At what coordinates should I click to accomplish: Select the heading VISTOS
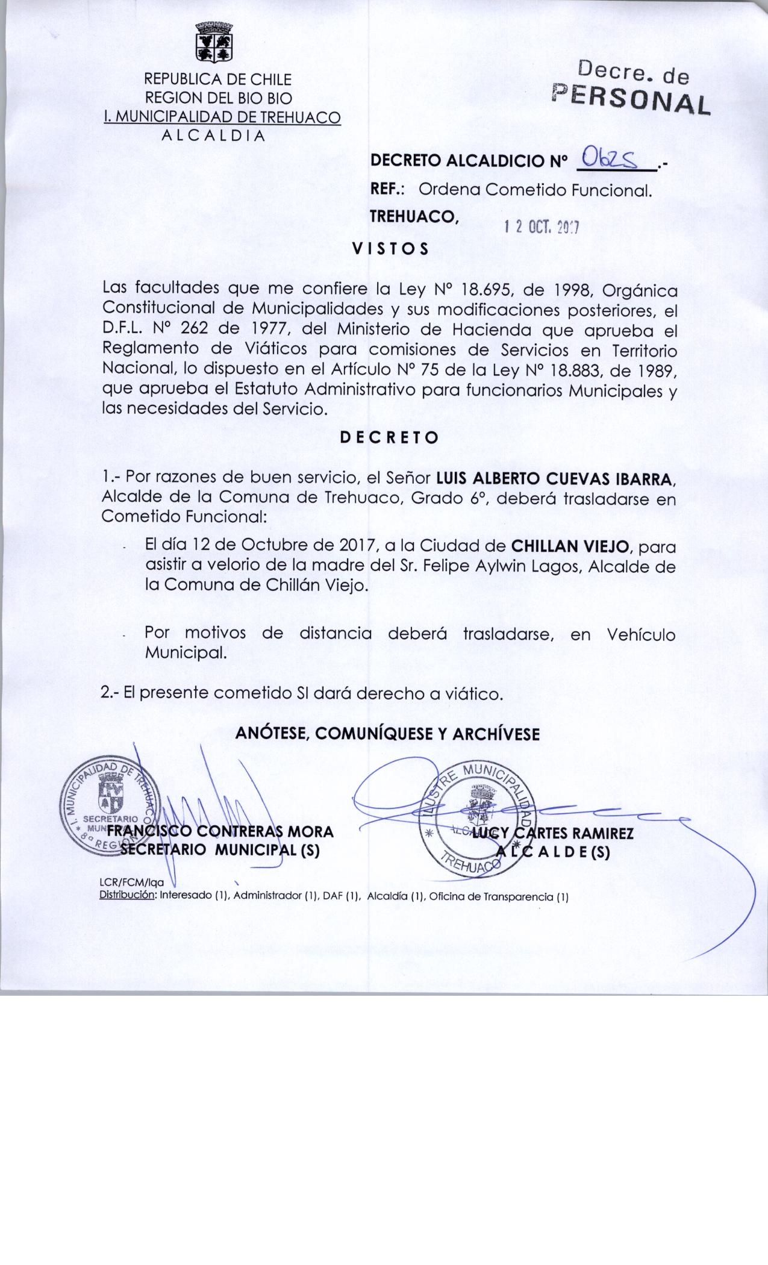(390, 249)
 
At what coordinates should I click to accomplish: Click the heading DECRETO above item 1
(390, 438)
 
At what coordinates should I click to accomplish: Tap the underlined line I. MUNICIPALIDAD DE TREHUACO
(222, 117)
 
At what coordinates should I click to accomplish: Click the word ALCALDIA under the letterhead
(214, 135)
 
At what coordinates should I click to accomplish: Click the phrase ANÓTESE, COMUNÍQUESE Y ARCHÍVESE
(387, 733)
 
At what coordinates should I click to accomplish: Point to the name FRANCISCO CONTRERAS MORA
(220, 832)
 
